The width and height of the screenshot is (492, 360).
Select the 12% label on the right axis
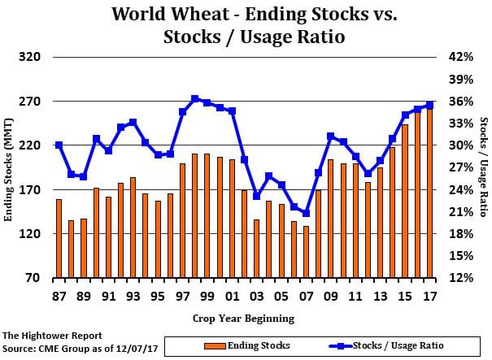(x=457, y=278)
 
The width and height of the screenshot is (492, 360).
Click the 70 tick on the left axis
(x=33, y=278)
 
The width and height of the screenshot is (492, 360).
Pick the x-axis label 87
(x=59, y=296)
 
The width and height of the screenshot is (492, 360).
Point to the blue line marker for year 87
(x=59, y=145)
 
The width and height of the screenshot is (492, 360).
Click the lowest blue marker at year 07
(x=307, y=213)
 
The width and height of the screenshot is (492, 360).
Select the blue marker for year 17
(x=430, y=105)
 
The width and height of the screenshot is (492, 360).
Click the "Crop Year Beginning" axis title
(x=244, y=318)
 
